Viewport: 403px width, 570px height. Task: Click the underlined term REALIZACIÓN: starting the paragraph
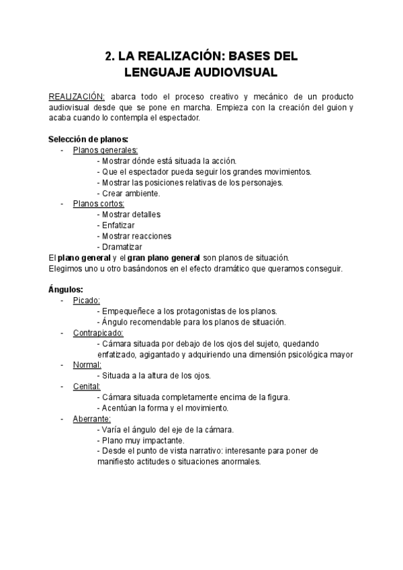click(77, 97)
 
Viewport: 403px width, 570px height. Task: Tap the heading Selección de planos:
click(88, 139)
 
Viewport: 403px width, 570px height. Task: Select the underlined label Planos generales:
click(105, 150)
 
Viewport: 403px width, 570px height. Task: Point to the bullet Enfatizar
click(118, 225)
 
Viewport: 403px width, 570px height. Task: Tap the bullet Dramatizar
click(119, 247)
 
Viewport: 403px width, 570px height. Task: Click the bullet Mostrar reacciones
click(134, 236)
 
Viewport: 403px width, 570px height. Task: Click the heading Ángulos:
click(66, 290)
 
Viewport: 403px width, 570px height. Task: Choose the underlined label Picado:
click(87, 300)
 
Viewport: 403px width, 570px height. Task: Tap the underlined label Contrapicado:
click(98, 333)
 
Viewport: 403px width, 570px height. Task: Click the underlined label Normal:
click(87, 365)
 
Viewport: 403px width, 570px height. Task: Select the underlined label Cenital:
click(87, 386)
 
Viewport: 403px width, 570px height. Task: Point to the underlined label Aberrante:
click(92, 419)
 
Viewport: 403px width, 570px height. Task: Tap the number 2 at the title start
click(109, 56)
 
